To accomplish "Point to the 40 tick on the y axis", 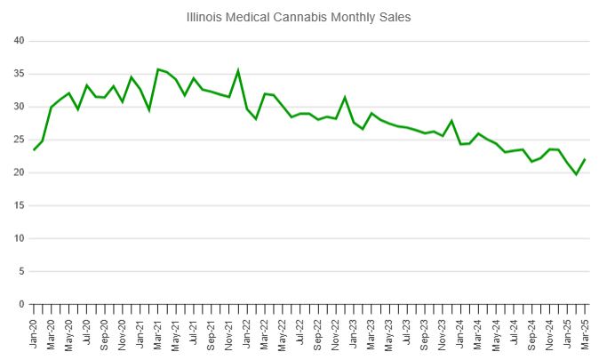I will click(19, 41).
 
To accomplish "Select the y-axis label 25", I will click(19, 140).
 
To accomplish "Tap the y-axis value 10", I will click(19, 238).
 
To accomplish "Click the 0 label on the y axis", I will click(21, 304).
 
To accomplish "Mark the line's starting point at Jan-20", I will click(34, 149).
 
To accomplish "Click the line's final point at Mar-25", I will click(585, 159).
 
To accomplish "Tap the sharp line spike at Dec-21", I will click(238, 70).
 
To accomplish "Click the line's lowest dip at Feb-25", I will click(576, 174).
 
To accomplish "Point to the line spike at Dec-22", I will click(345, 97).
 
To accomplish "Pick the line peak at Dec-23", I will click(451, 121).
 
